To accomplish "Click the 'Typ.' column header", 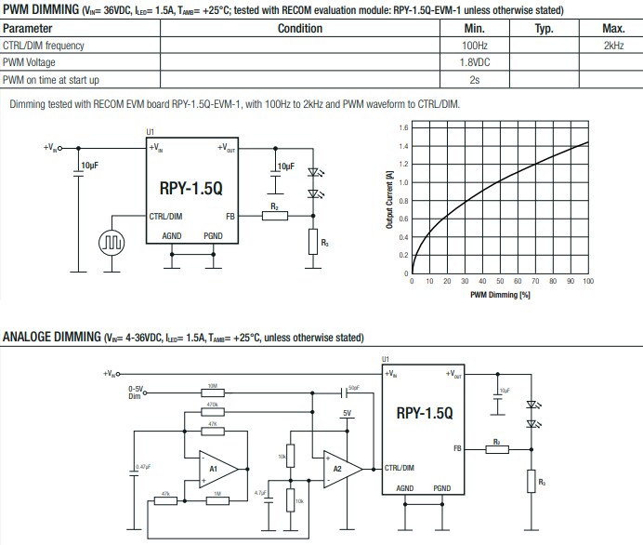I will [544, 29].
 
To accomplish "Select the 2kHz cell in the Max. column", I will [612, 45].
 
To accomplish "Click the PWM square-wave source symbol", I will [112, 243].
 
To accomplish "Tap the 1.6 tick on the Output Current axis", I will [403, 127].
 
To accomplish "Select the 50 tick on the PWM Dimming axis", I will [500, 281].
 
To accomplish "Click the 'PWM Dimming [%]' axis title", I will [500, 295].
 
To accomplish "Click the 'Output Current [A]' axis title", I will [389, 200].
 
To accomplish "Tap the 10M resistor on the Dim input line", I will [213, 391].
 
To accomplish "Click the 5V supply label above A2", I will [347, 413].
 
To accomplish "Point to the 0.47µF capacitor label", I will [143, 466].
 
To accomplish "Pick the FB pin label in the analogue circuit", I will [457, 449].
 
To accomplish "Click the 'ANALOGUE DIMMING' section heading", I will [51, 336].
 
